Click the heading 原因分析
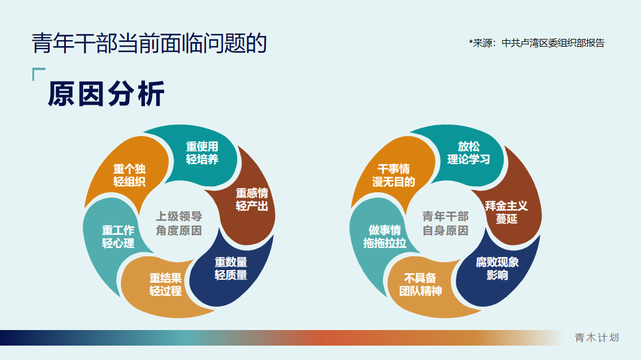click(106, 95)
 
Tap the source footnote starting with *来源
click(536, 43)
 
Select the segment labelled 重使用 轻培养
click(202, 153)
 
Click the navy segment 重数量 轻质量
click(231, 268)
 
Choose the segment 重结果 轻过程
click(165, 284)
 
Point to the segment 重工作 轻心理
click(118, 236)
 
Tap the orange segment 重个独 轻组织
click(129, 175)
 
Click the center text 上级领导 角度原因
click(179, 223)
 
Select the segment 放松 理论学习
click(468, 153)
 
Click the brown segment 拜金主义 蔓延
click(506, 212)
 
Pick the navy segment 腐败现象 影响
click(497, 268)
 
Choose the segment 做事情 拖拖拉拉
click(384, 236)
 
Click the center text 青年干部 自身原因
click(445, 223)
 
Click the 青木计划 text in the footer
click(596, 338)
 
